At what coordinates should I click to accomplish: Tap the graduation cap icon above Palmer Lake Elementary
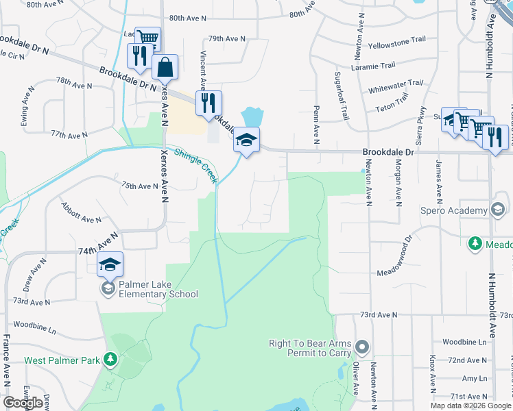(x=110, y=263)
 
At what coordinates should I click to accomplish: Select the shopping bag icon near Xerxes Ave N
(x=165, y=67)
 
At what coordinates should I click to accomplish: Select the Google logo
(x=23, y=403)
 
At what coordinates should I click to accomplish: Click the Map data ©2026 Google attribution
(x=470, y=406)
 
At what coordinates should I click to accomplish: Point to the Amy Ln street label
(x=473, y=378)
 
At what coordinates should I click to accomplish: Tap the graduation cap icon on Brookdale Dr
(x=247, y=141)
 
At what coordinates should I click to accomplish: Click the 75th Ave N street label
(x=140, y=186)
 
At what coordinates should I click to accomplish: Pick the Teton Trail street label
(x=392, y=108)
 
